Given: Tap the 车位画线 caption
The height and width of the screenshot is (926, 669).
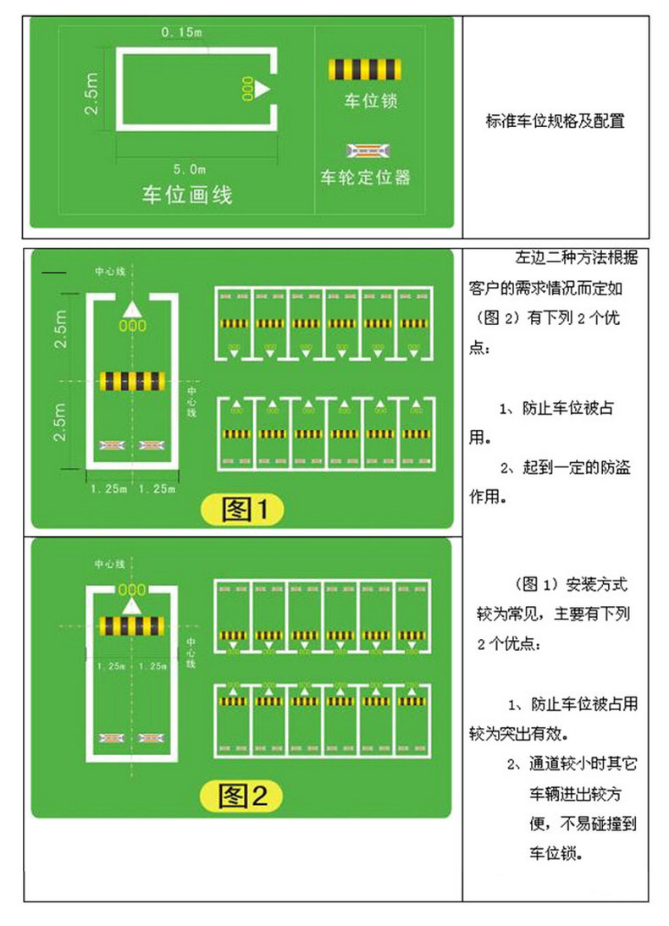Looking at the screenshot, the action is coord(186,196).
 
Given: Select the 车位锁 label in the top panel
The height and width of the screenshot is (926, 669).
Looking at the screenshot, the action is coord(370,102).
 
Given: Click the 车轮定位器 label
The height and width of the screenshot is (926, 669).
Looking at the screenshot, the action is coord(365,178).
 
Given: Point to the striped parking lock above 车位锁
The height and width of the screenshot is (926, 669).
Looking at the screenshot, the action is coord(364,69).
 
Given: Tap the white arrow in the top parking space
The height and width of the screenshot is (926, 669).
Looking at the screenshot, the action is coord(263,87).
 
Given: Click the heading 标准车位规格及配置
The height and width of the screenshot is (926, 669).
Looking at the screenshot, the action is coord(555,121).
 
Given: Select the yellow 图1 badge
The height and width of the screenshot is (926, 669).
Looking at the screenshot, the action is coord(240,510).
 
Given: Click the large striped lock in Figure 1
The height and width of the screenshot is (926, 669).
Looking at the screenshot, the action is coord(132,381).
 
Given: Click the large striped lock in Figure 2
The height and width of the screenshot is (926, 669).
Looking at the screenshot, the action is coord(132,626).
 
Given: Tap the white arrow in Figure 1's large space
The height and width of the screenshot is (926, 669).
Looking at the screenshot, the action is coord(131,309).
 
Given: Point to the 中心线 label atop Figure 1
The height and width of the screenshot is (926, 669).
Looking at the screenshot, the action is coord(110,272).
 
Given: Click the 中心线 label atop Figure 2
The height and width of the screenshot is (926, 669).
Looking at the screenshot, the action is coord(110,563).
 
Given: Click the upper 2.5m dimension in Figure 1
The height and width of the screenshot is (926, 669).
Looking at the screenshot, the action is coord(60,333).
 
